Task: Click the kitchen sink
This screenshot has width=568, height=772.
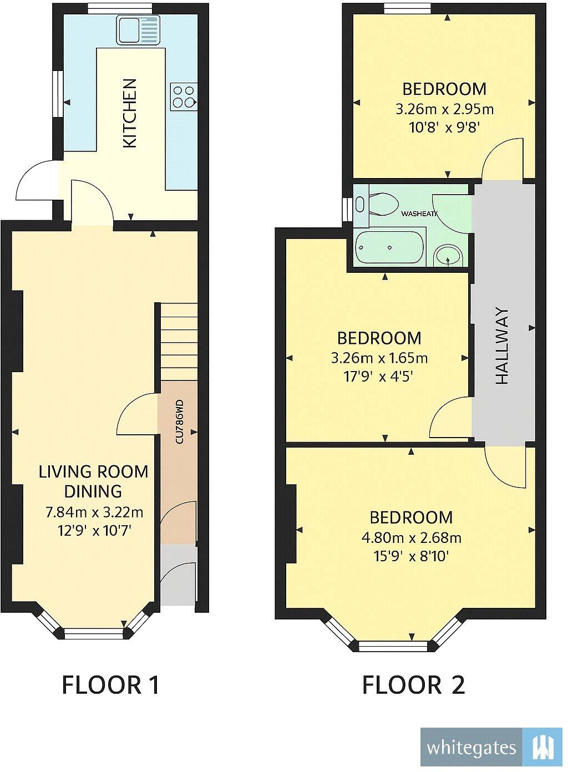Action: click(x=138, y=30)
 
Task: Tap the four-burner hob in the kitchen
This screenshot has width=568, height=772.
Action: click(x=184, y=96)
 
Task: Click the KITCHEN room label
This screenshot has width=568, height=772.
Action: click(x=129, y=113)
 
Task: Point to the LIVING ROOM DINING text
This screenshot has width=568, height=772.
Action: click(x=93, y=481)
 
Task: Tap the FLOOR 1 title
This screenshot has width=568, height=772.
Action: click(x=110, y=685)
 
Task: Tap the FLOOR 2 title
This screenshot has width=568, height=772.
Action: click(x=413, y=685)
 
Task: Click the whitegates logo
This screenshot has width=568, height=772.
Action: click(x=491, y=747)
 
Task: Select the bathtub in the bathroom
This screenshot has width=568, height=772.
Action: click(x=389, y=247)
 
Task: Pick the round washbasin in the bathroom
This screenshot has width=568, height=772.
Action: click(x=449, y=256)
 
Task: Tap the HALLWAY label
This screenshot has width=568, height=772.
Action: click(x=501, y=346)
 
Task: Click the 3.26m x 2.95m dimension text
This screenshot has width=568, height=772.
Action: click(x=444, y=109)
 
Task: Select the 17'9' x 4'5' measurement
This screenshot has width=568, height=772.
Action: click(x=379, y=377)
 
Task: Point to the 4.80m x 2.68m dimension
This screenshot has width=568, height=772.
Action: click(x=411, y=537)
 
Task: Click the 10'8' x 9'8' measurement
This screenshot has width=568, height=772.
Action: click(x=444, y=127)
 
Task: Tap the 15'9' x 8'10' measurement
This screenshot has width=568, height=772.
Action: click(x=411, y=556)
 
